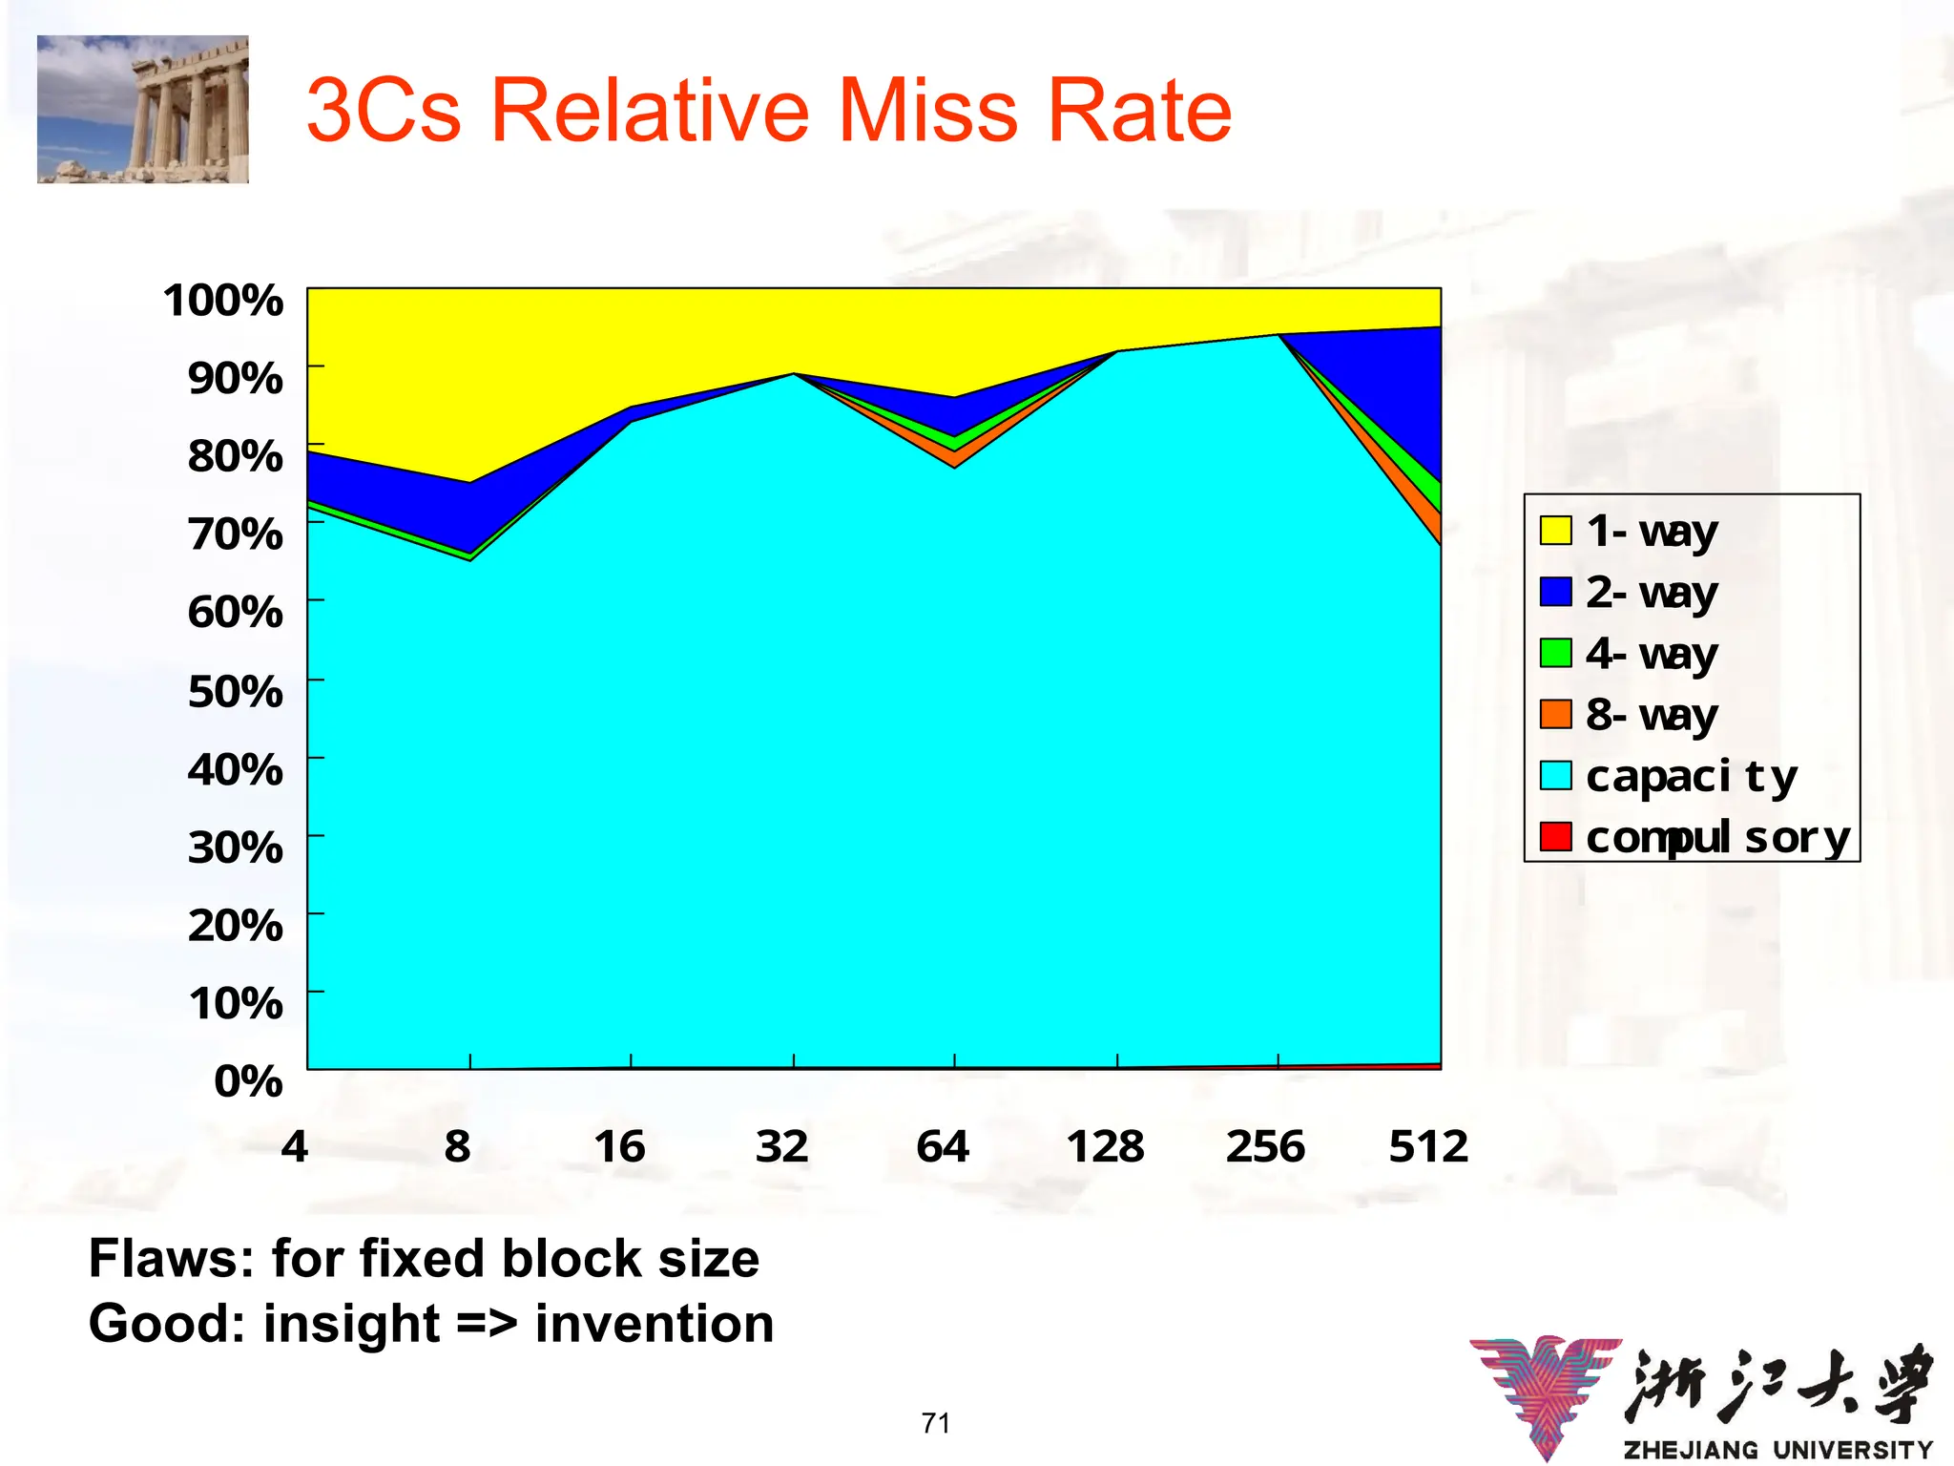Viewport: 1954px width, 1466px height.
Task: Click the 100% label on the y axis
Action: click(x=223, y=300)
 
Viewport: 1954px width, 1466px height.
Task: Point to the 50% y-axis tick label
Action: click(x=235, y=691)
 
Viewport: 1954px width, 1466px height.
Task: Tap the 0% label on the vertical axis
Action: click(x=248, y=1081)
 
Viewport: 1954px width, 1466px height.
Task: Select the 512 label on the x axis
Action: click(x=1427, y=1146)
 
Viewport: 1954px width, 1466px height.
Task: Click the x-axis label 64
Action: click(x=943, y=1146)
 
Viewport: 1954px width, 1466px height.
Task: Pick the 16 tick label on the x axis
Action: click(x=619, y=1146)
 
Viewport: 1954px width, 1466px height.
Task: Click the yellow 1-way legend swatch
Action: click(x=1555, y=531)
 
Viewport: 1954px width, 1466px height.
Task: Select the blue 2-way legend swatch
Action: click(x=1555, y=592)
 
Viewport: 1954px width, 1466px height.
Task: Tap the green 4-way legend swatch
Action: click(x=1555, y=653)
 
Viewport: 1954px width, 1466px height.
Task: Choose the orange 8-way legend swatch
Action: click(x=1555, y=714)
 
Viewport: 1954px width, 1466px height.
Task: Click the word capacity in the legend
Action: click(x=1691, y=777)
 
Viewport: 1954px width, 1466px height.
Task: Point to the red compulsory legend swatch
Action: click(x=1555, y=836)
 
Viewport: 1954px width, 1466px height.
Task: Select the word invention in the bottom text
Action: click(x=655, y=1324)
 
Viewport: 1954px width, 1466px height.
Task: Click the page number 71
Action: click(x=935, y=1423)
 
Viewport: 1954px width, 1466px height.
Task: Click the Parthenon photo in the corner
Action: click(x=143, y=109)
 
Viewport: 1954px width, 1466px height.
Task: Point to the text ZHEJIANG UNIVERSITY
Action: click(x=1777, y=1449)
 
